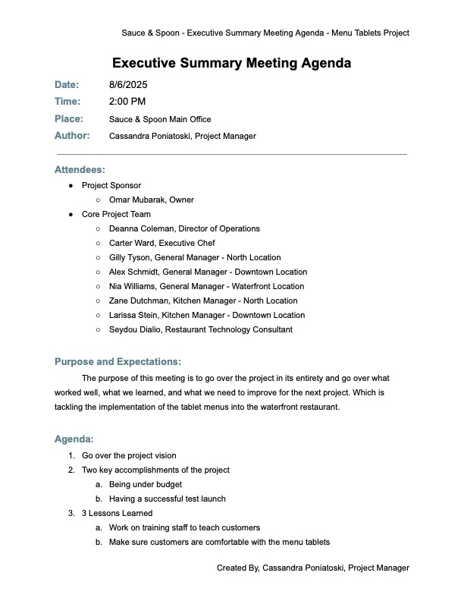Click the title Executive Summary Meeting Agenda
pyautogui.click(x=231, y=63)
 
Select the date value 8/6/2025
pyautogui.click(x=126, y=85)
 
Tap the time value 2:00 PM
pyautogui.click(x=127, y=102)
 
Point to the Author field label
pyautogui.click(x=72, y=136)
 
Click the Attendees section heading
pyautogui.click(x=80, y=170)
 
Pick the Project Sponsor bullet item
pyautogui.click(x=111, y=186)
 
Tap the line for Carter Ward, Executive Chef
pyautogui.click(x=162, y=244)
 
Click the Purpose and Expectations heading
pyautogui.click(x=118, y=362)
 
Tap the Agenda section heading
pyautogui.click(x=74, y=439)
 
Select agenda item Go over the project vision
pyautogui.click(x=129, y=456)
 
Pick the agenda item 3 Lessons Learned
pyautogui.click(x=117, y=514)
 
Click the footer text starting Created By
pyautogui.click(x=312, y=568)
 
